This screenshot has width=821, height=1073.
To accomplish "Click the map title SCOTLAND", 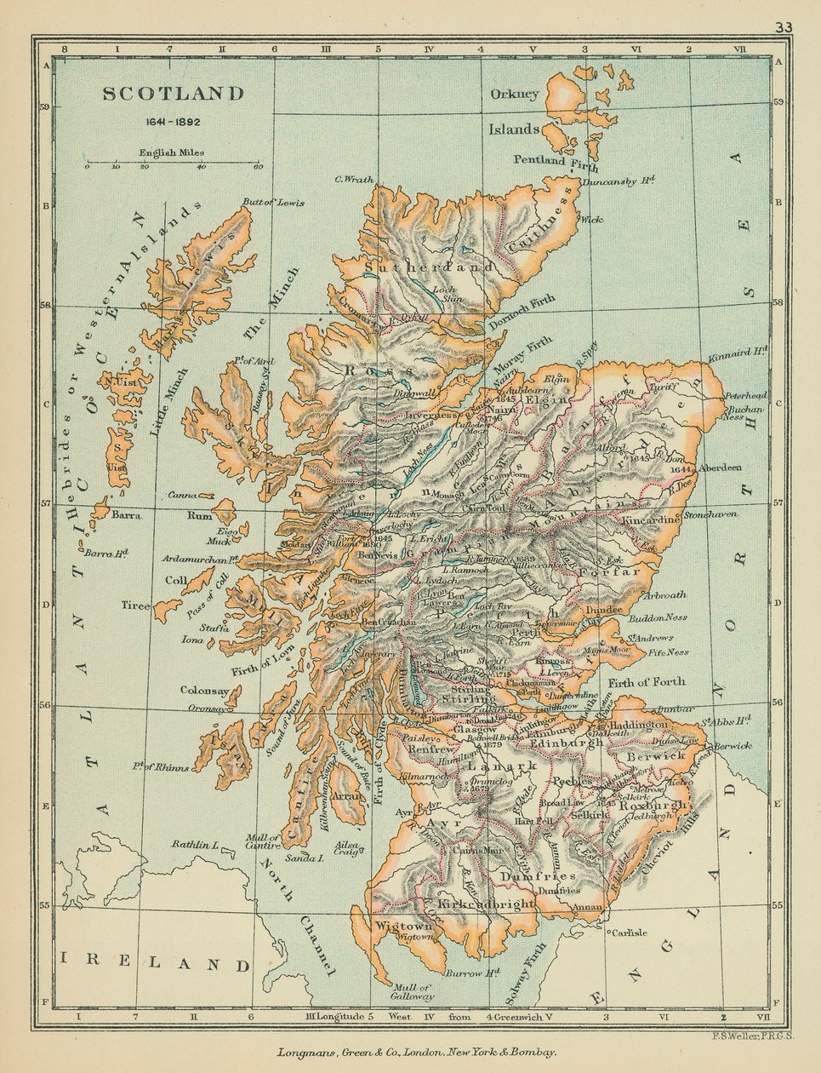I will [174, 94].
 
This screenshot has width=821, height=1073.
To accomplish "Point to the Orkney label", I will [514, 94].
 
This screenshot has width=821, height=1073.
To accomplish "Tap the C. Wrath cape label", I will [355, 179].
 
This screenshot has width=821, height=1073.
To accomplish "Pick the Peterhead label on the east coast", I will [745, 396].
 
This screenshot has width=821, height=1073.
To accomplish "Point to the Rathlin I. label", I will [196, 845].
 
